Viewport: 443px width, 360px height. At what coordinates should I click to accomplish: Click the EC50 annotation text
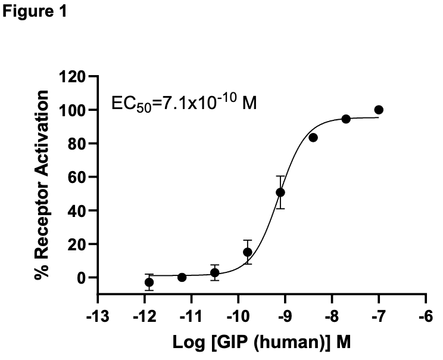click(x=173, y=102)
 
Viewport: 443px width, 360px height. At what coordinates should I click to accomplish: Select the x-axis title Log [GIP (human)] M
click(x=263, y=345)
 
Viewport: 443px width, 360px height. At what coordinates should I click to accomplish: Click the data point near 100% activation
click(x=379, y=110)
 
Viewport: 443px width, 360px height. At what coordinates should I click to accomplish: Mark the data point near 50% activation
click(x=280, y=193)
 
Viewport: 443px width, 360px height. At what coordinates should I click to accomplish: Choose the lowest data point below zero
click(x=149, y=282)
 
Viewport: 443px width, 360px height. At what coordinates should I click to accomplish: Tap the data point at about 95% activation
click(x=346, y=119)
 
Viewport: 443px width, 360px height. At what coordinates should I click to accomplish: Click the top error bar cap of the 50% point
click(x=280, y=176)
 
